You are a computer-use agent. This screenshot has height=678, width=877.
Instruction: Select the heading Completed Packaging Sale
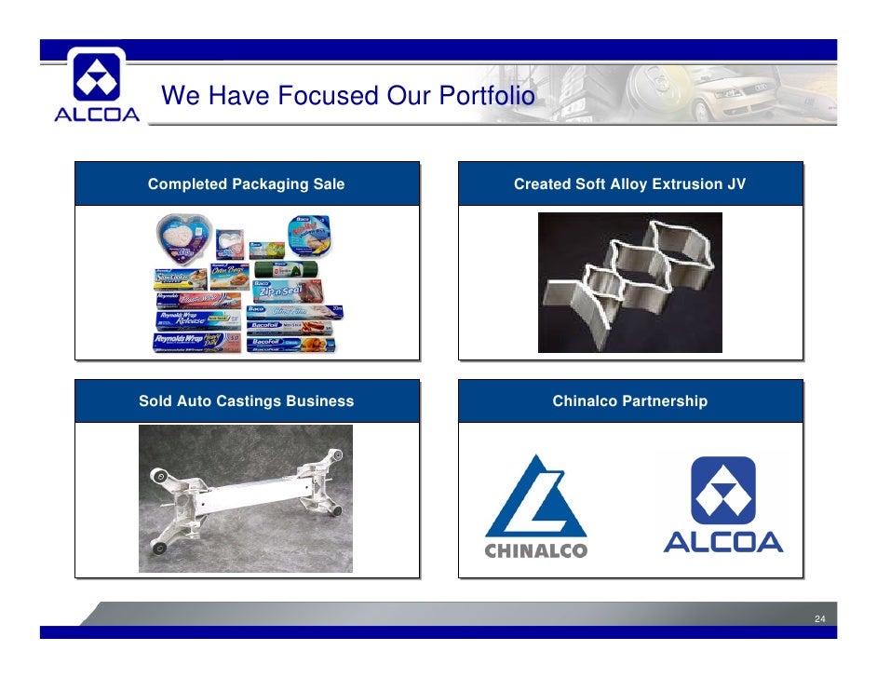tap(246, 184)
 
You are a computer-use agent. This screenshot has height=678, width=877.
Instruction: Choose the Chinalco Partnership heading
tap(629, 401)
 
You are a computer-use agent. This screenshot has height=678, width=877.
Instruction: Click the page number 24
tap(820, 619)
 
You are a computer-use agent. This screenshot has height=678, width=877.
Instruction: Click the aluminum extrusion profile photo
tap(629, 282)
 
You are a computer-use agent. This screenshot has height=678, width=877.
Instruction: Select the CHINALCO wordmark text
tap(535, 550)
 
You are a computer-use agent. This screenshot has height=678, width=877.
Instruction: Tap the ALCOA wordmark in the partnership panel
tap(722, 541)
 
